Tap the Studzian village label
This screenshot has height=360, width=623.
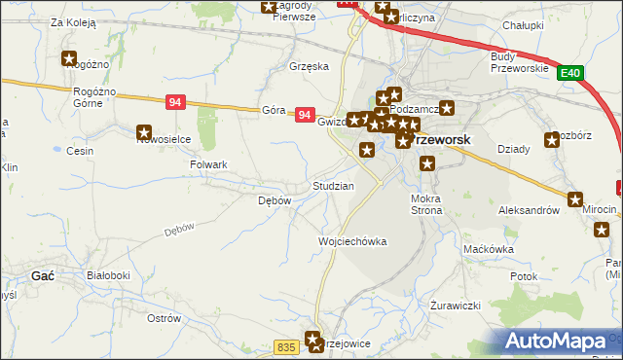point(333,185)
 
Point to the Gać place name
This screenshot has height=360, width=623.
point(42,275)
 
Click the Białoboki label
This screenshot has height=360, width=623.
point(108,275)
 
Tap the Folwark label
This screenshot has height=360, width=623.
point(208,164)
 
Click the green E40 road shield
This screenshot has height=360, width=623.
point(570,72)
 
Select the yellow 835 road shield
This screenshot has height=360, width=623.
point(286,347)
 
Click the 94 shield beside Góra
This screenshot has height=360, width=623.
point(305,115)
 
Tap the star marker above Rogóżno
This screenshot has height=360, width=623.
point(69,58)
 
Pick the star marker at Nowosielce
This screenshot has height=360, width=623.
point(145,132)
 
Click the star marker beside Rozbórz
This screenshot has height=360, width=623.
point(557,137)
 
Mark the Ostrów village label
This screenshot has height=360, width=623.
point(164,318)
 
